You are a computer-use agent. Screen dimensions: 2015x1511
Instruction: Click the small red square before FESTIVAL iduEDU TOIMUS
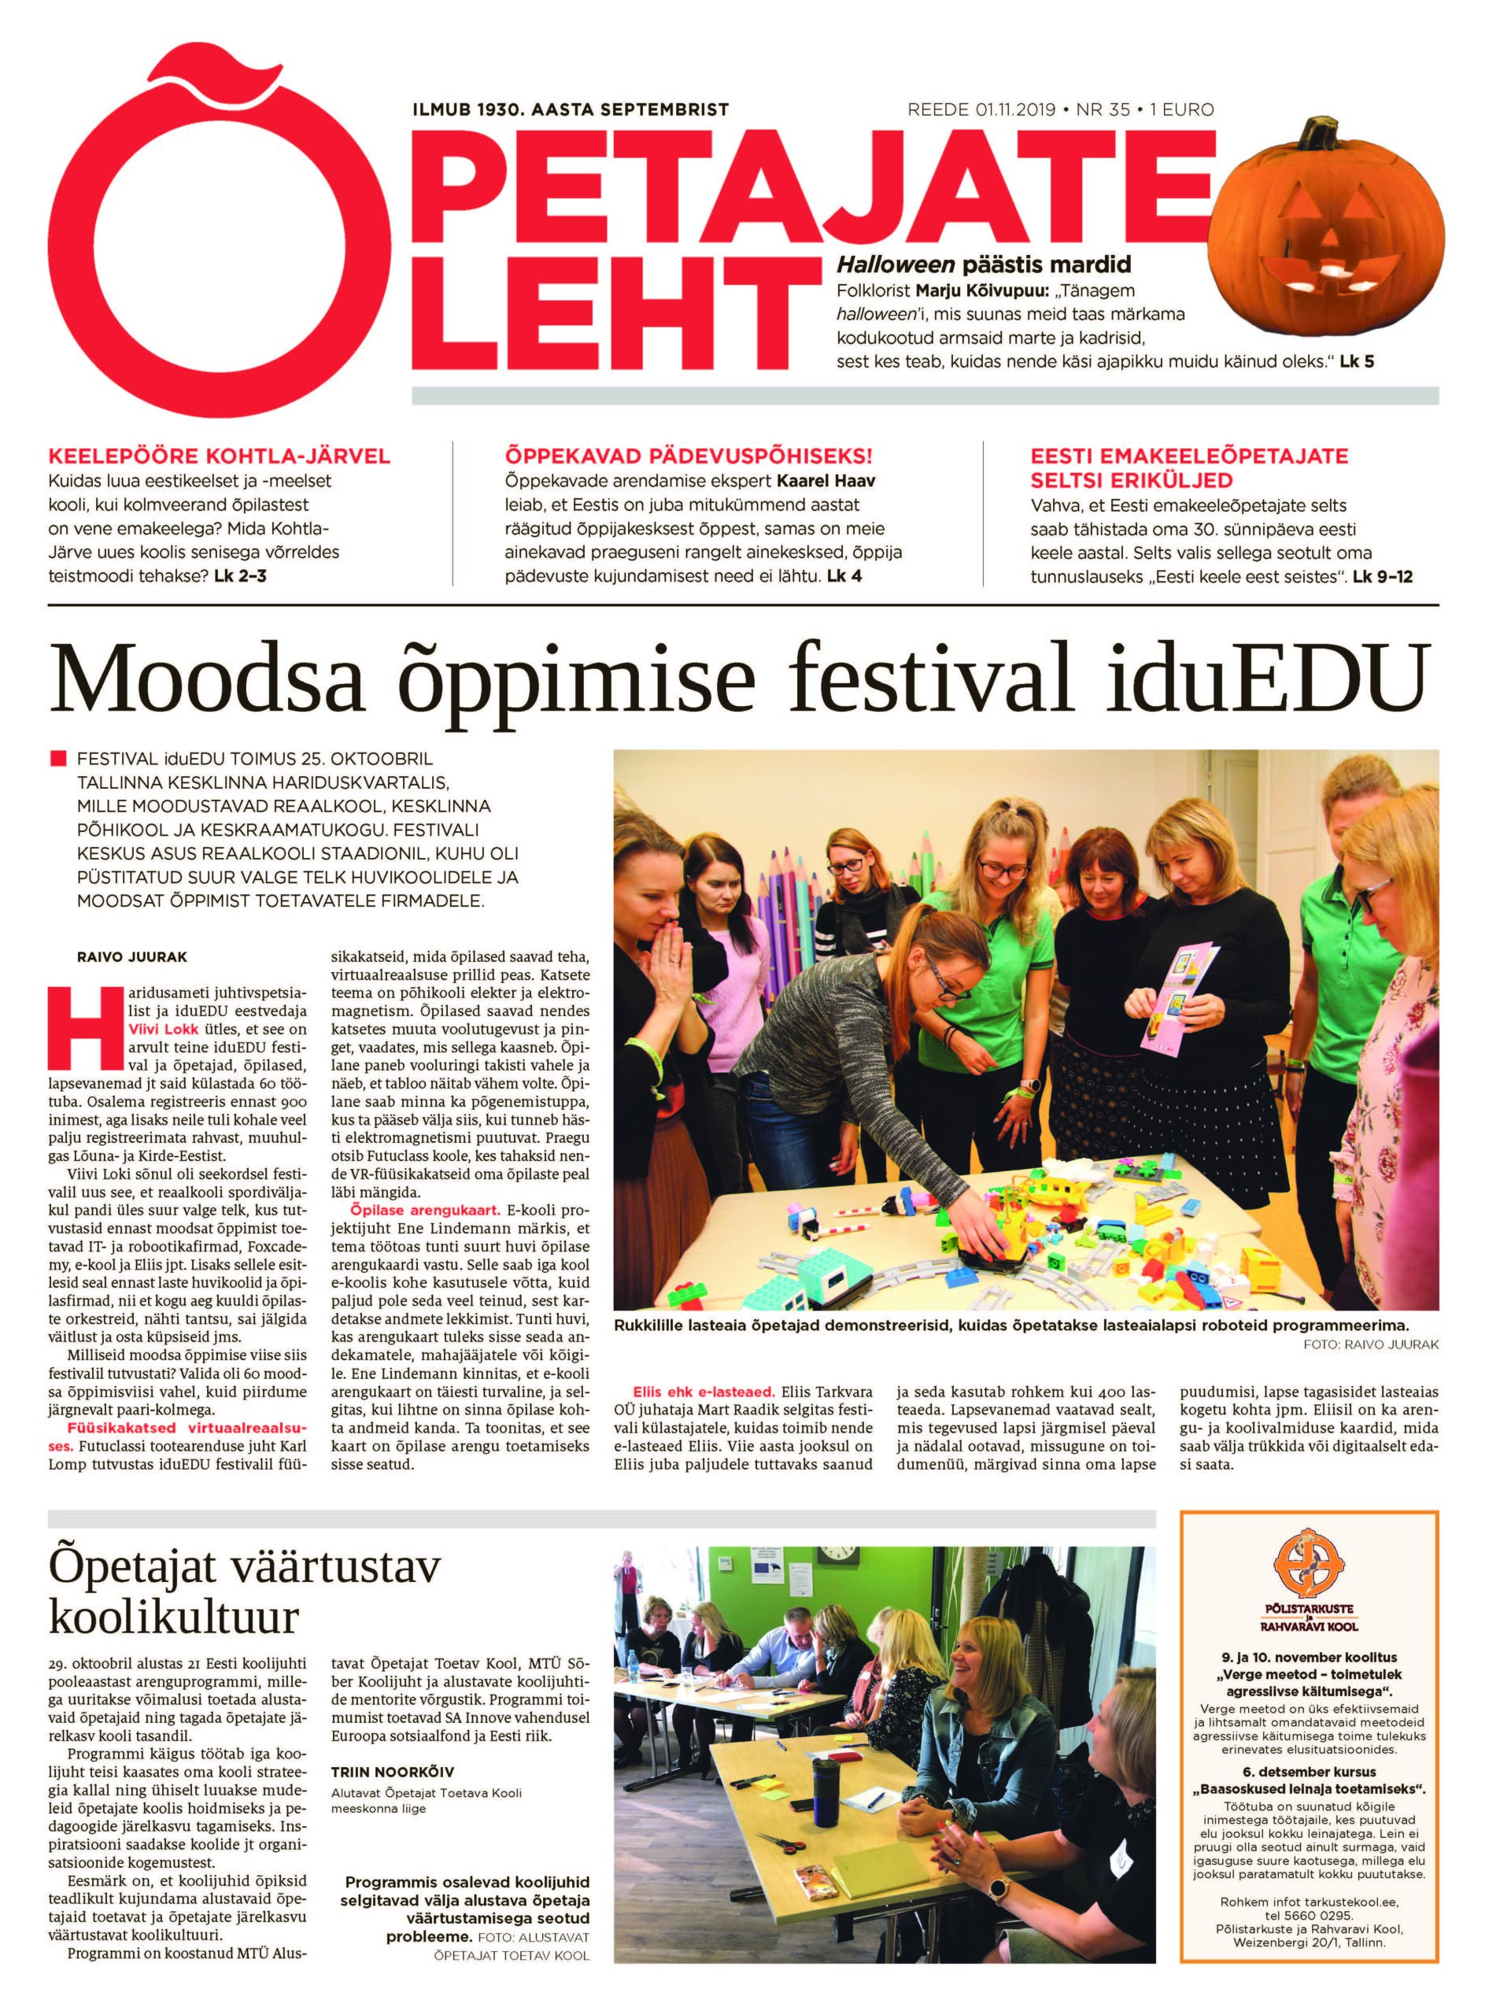pos(59,759)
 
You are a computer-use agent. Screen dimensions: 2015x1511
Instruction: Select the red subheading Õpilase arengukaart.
pos(421,1210)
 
